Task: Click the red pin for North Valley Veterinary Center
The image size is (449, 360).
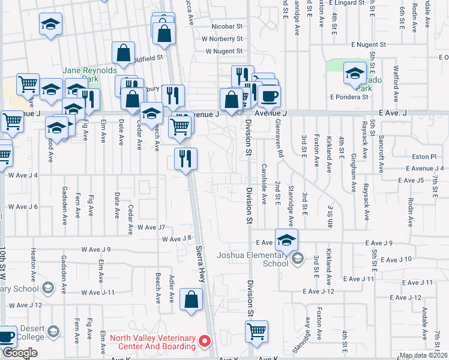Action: point(205,341)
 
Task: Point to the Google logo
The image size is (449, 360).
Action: point(20,353)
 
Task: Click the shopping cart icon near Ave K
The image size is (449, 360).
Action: point(257,331)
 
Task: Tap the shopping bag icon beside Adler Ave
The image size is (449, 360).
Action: point(191,299)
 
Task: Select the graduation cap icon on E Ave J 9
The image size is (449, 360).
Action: point(287,239)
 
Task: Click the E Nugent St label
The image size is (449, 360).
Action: point(369,45)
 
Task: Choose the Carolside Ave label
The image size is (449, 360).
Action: point(264,183)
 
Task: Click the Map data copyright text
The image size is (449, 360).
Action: point(423,355)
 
